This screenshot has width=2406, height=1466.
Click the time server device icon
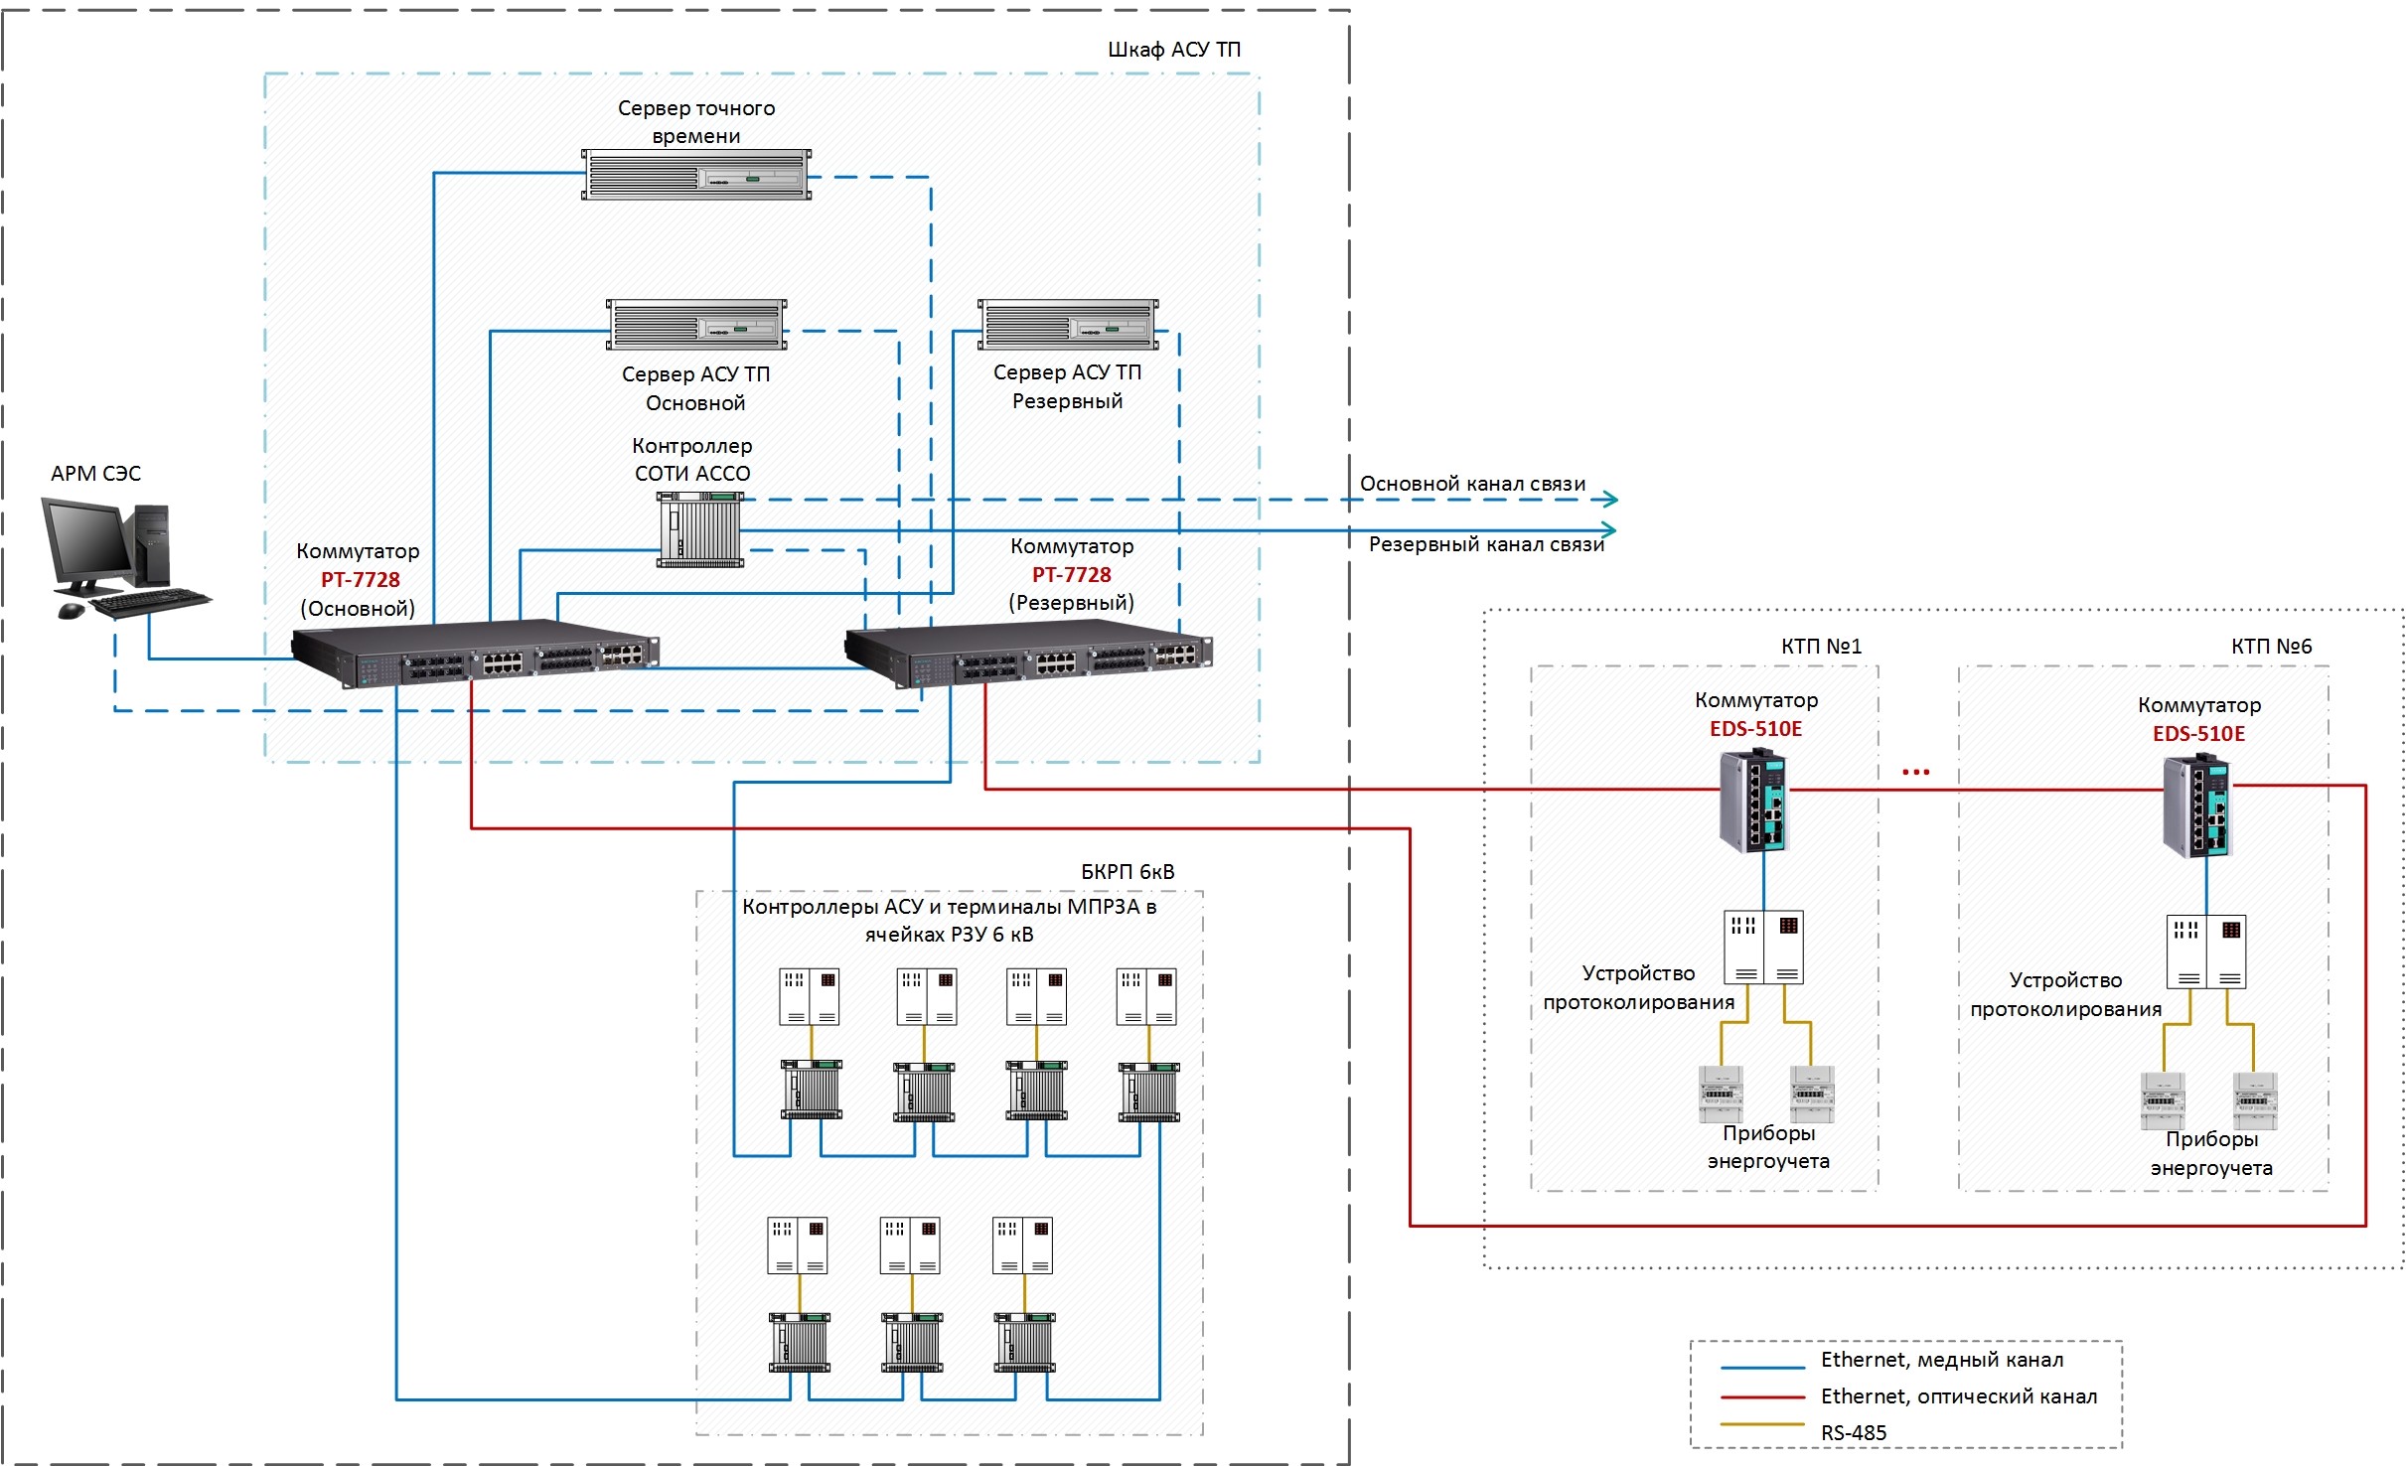695,175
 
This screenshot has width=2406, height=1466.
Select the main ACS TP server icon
696,325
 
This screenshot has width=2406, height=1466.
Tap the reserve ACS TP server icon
1068,325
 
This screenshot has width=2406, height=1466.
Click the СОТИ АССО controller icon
700,530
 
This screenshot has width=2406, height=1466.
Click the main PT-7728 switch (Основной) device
475,653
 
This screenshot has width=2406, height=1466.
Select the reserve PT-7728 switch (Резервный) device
1028,653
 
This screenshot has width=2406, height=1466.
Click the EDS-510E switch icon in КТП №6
2197,806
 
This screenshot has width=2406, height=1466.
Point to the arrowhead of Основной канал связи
1610,500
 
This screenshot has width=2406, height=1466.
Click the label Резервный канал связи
1486,544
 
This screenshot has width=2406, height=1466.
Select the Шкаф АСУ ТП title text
1173,50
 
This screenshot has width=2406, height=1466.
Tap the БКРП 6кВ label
1128,872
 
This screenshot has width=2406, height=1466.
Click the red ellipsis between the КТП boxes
1915,772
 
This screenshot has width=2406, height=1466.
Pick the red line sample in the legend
1762,1397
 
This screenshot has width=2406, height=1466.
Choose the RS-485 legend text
1853,1432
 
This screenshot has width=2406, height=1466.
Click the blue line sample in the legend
1762,1368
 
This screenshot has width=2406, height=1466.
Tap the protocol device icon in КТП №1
1763,947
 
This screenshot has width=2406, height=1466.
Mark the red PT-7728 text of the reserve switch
1071,574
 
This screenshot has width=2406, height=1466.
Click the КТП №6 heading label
2271,647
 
